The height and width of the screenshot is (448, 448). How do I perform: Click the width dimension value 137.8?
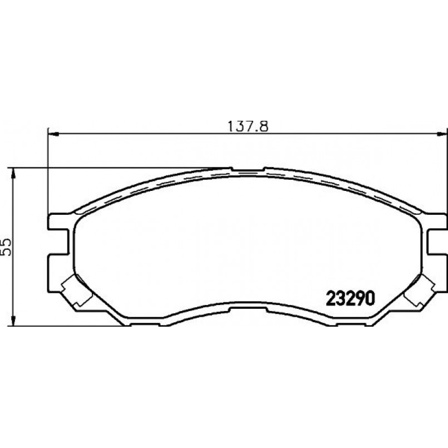point(248,126)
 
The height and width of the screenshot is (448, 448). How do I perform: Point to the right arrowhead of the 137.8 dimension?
point(441,134)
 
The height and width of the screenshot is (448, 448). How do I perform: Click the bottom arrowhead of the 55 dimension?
point(13,320)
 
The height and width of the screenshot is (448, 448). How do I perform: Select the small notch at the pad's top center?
point(248,169)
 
